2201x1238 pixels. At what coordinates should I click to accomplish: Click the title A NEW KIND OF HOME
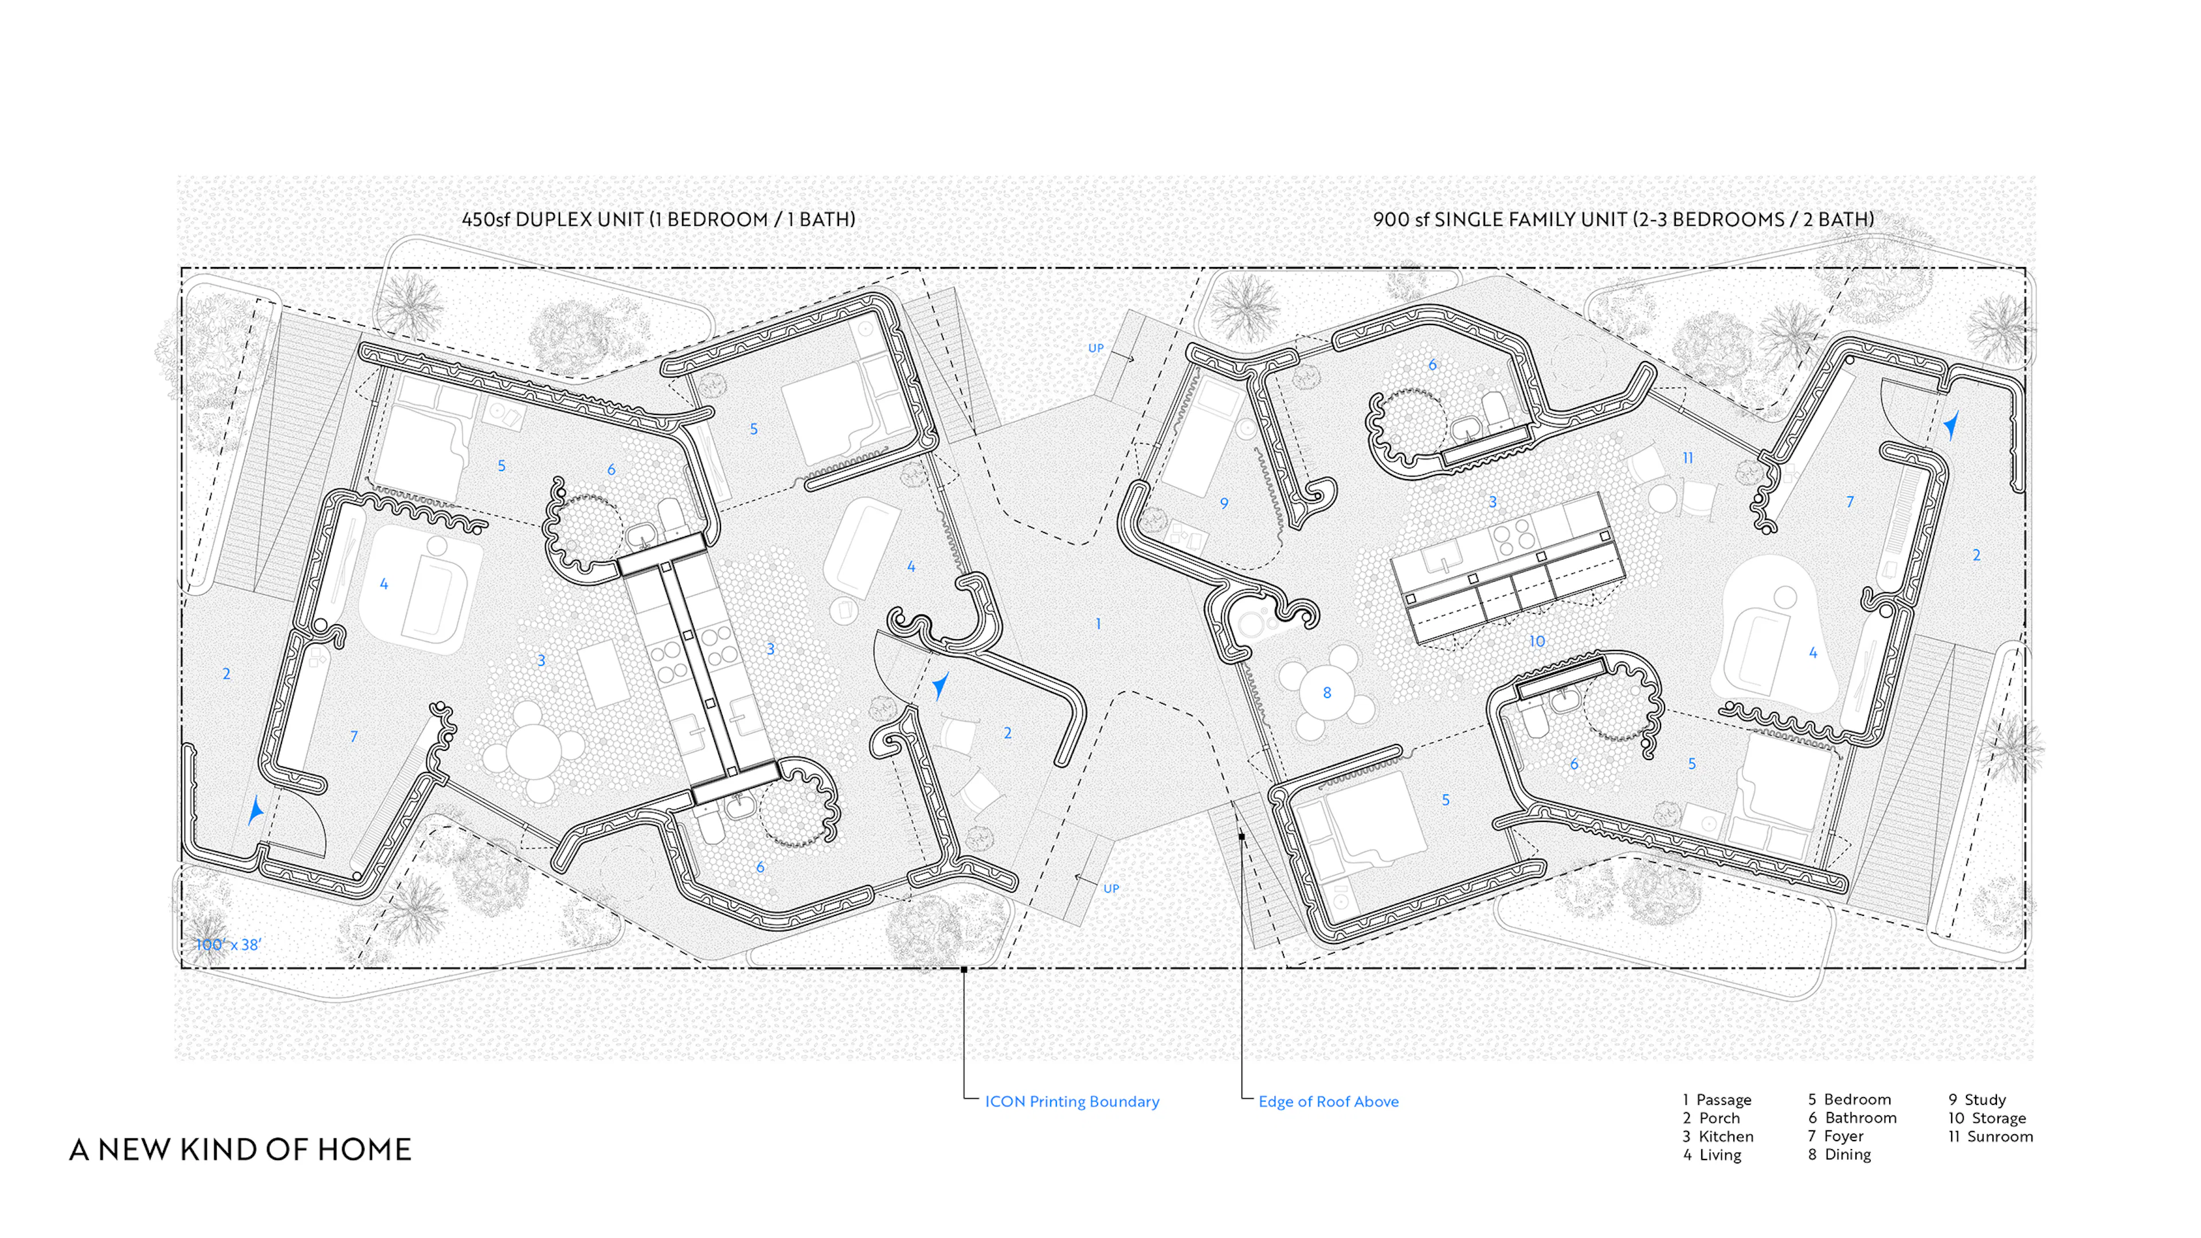(x=240, y=1149)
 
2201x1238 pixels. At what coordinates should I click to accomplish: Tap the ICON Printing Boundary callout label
(x=1071, y=1101)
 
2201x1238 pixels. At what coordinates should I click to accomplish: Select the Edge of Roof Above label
(x=1328, y=1101)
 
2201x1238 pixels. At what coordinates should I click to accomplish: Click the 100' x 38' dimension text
(x=228, y=944)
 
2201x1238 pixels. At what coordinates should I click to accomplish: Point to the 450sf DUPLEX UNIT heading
(x=658, y=220)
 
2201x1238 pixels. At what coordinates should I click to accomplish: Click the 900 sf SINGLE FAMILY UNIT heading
(x=1623, y=220)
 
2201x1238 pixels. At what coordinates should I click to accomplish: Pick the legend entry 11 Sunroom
(x=1990, y=1137)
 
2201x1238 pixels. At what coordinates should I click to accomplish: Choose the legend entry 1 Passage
(x=1717, y=1100)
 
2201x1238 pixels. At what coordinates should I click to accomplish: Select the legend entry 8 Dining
(x=1839, y=1154)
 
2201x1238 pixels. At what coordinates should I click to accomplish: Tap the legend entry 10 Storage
(x=1987, y=1118)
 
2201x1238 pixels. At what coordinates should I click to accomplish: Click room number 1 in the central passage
(x=1098, y=624)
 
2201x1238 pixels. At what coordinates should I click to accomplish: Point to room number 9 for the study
(x=1224, y=503)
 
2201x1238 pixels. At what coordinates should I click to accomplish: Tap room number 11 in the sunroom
(x=1687, y=458)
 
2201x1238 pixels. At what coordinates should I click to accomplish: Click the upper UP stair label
(x=1095, y=348)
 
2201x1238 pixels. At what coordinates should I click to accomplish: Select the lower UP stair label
(x=1111, y=888)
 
